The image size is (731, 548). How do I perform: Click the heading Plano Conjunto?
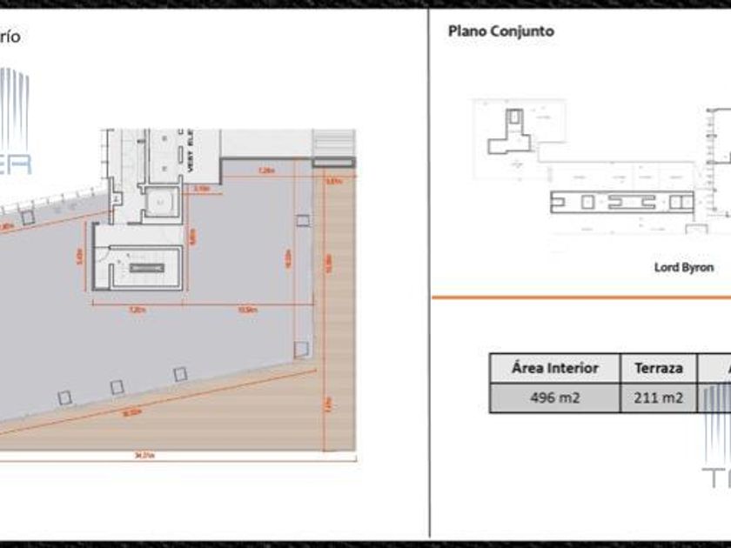[x=500, y=31]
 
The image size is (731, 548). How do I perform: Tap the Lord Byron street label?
[x=683, y=267]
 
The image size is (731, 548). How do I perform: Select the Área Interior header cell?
[x=554, y=368]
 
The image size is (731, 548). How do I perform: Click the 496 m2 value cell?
[x=554, y=398]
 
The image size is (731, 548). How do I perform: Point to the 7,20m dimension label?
[x=137, y=309]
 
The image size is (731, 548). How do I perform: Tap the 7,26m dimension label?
[x=266, y=170]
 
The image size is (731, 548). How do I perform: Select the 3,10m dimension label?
[x=201, y=187]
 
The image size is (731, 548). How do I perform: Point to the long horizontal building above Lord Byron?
[x=621, y=202]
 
